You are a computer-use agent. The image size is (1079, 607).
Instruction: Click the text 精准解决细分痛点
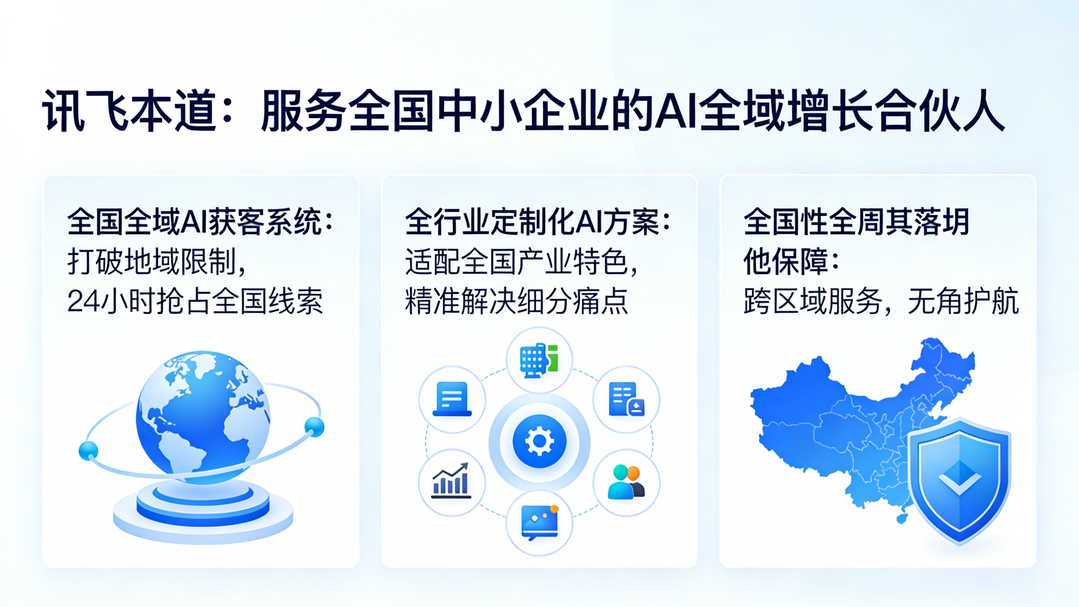517,301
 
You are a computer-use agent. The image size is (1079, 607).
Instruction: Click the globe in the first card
203,415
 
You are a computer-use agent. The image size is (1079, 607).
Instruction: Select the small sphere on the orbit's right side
314,427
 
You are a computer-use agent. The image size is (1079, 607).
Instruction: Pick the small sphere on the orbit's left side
89,451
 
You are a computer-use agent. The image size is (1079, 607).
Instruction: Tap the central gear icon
539,441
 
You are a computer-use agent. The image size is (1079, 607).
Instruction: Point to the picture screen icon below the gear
539,522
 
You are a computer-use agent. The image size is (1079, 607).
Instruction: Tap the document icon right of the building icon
626,399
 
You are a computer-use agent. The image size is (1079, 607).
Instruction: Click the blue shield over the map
959,481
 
